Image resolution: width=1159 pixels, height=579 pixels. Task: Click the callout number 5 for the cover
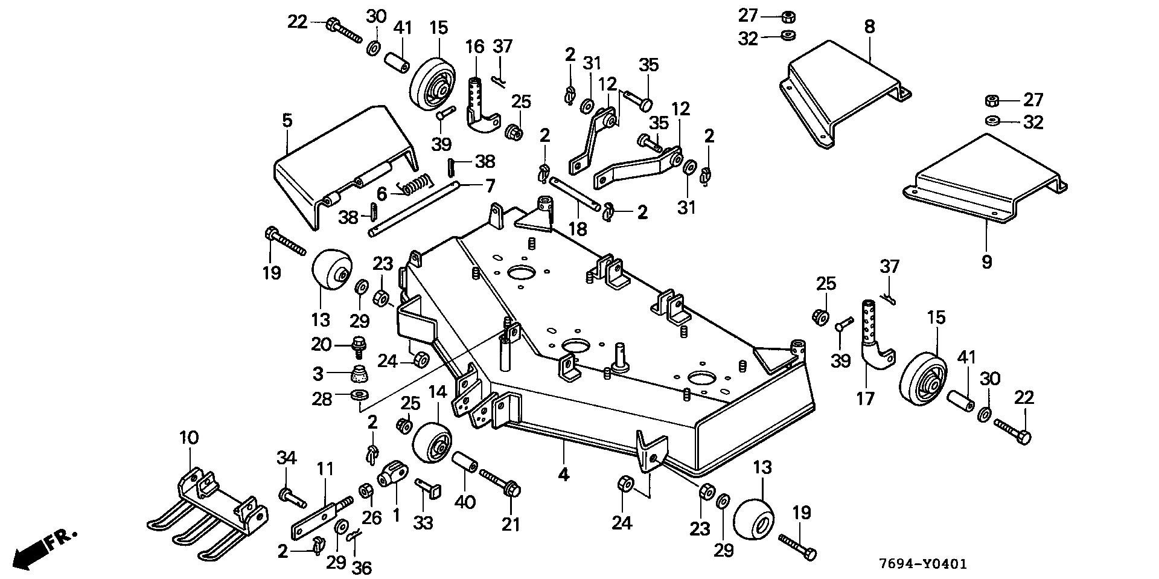[x=287, y=120]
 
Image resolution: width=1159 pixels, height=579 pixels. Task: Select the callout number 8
[x=869, y=27]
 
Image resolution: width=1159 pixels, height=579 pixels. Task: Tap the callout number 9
[x=986, y=262]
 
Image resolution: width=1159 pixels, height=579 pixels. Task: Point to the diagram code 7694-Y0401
[x=923, y=564]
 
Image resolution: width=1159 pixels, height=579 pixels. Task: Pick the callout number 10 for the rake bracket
[x=189, y=437]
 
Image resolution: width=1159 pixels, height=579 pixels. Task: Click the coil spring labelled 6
[x=417, y=184]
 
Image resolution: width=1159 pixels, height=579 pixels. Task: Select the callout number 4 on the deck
[x=563, y=475]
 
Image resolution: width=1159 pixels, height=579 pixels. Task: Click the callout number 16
[x=474, y=46]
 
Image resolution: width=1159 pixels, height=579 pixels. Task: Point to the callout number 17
[x=865, y=399]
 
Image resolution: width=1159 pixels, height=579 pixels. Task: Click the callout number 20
[x=321, y=345]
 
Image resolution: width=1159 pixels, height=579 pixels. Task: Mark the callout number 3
[x=319, y=374]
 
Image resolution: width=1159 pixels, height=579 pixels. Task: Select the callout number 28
[x=322, y=399]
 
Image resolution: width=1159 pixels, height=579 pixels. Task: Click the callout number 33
[x=423, y=522]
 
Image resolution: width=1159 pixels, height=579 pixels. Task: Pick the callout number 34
[x=287, y=458]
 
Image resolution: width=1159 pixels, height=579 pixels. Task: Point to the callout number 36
[x=363, y=567]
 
